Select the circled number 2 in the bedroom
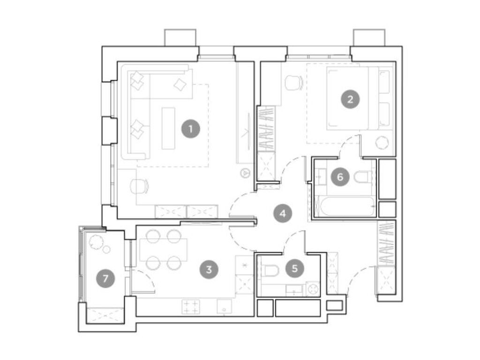pyautogui.click(x=350, y=99)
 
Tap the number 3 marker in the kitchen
pyautogui.click(x=209, y=269)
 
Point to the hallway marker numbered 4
pyautogui.click(x=283, y=214)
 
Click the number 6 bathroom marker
pyautogui.click(x=340, y=177)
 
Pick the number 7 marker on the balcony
pyautogui.click(x=105, y=279)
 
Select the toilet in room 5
pyautogui.click(x=271, y=270)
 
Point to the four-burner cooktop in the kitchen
pyautogui.click(x=191, y=307)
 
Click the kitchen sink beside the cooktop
pyautogui.click(x=225, y=307)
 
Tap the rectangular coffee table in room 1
pyautogui.click(x=168, y=128)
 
